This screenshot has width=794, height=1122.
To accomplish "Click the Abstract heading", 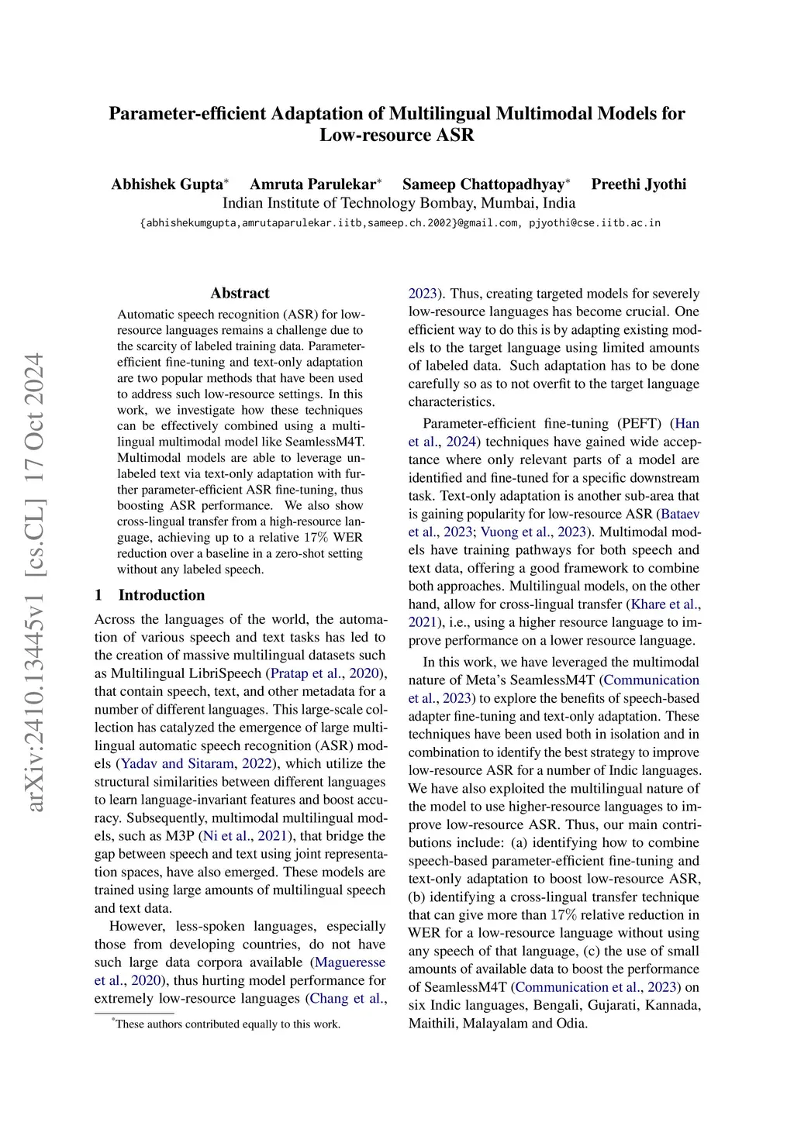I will coord(240,293).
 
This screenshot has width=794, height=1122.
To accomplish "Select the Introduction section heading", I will coord(161,595).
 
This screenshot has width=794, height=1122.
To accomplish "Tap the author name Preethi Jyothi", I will coord(638,184).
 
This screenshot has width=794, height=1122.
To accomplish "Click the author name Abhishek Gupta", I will coord(167,184).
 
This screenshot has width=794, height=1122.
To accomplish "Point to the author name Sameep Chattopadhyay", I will coord(483,184).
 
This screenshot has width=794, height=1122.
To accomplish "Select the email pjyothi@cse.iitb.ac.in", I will coord(595,223).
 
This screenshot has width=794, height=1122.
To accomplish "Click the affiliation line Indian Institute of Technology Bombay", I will coord(399,203).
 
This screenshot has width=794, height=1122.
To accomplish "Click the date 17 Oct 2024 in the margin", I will coord(35,419).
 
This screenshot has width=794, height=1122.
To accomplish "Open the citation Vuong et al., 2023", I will coord(536,532).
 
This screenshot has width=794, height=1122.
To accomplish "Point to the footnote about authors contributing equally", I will coord(226,1024).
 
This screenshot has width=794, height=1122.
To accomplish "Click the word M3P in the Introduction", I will coord(181,835).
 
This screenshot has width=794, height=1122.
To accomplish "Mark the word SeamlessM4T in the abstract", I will coord(325,442).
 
